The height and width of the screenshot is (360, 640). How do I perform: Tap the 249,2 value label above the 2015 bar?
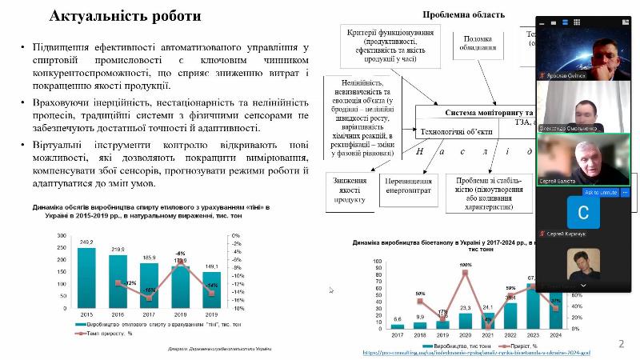pos(86,242)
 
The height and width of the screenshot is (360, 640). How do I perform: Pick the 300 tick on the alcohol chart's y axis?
pos(62,236)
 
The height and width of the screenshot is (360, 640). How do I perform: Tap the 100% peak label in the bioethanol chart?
pos(465,265)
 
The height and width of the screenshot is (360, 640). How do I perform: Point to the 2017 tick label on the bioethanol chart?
pos(398,335)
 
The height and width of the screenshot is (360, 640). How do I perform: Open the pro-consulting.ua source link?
pos(477,352)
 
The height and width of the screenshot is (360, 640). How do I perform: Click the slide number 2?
pos(621,344)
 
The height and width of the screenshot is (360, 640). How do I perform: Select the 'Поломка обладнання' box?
pos(478,42)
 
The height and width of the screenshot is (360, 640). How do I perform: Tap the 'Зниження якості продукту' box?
pos(350,190)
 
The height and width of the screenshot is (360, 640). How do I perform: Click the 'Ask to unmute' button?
pos(601,193)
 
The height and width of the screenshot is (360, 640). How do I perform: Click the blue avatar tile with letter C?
pos(583,211)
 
